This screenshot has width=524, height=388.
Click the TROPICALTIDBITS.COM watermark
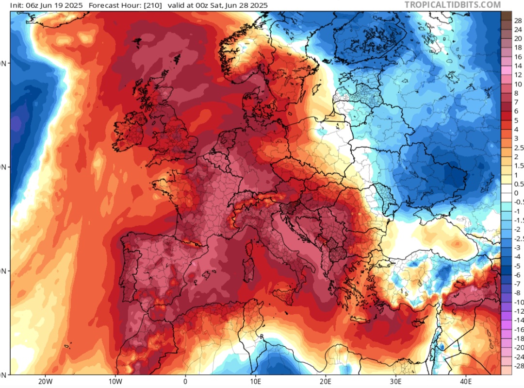point(453,5)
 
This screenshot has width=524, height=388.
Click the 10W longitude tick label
point(115,381)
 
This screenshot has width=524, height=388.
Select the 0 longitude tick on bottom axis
point(185,381)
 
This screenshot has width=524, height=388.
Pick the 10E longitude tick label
point(255,381)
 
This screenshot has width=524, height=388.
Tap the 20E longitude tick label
point(326,381)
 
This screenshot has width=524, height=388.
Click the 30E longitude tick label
point(395,381)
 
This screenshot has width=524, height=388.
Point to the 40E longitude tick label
point(466,381)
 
